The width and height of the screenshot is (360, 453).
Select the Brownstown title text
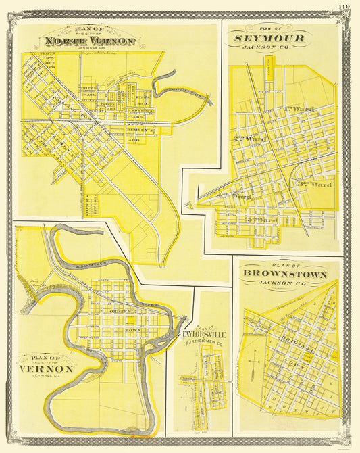point(290,275)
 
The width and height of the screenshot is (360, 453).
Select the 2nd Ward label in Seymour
point(249,139)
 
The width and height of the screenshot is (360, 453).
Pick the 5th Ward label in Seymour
point(264,220)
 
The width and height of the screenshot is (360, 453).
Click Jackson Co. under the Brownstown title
point(290,285)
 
